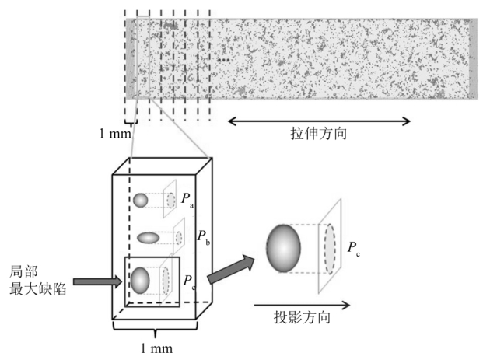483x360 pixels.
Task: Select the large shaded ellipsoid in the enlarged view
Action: point(284,247)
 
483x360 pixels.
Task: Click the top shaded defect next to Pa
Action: point(140,201)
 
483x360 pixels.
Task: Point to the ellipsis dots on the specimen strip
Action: point(224,59)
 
